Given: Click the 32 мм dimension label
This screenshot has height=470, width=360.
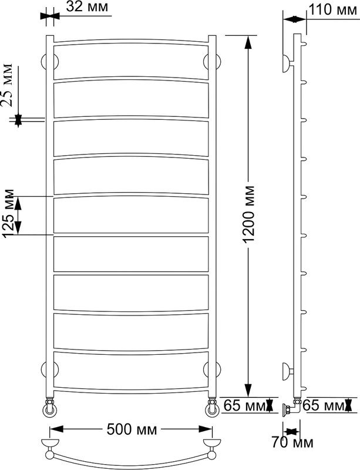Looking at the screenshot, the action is point(87,6).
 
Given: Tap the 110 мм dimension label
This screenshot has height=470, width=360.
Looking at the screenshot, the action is point(333,9).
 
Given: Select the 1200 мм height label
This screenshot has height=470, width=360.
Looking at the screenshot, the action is point(249,214).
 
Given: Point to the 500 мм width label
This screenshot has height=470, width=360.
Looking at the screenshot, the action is point(132,429).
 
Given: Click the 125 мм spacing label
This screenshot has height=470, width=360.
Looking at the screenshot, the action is point(8,214).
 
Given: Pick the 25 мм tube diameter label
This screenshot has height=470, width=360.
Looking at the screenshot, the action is point(7,85).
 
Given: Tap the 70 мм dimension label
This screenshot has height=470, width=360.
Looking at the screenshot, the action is point(292,442).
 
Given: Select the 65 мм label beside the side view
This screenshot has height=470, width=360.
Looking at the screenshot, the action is point(324,405).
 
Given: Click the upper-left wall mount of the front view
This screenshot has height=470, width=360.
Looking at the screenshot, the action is point(49,62).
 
